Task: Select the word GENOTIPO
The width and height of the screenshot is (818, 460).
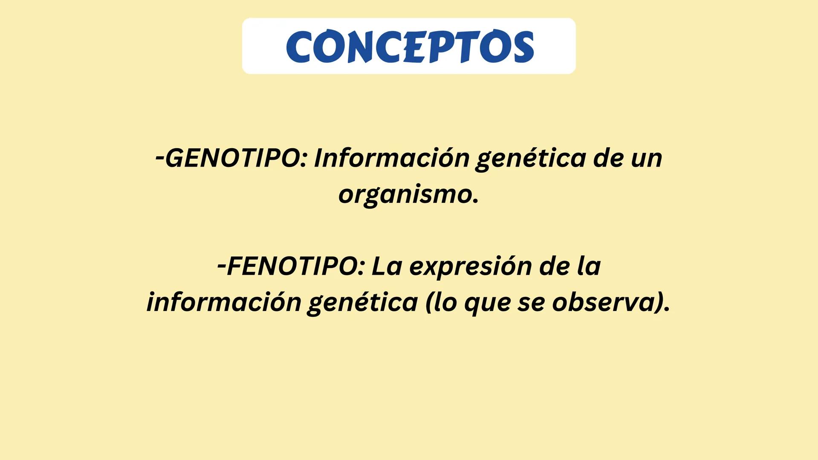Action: point(233,158)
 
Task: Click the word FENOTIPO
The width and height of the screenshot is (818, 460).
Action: point(294,266)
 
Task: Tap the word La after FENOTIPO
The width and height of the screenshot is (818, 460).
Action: point(387,266)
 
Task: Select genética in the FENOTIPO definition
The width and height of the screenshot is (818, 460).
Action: point(362,303)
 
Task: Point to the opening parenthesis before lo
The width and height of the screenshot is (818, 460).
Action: point(430,302)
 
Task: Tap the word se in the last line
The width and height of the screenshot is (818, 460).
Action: point(531,303)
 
